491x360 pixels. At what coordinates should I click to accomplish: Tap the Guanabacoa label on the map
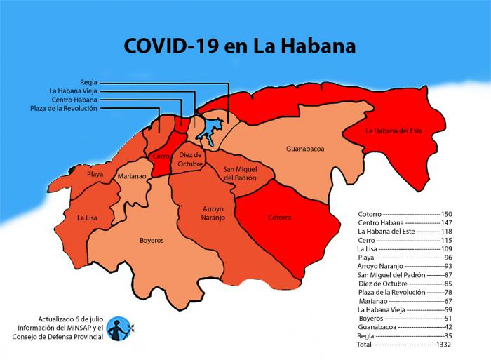[x=305, y=149]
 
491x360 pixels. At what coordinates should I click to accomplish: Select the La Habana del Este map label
[x=394, y=131]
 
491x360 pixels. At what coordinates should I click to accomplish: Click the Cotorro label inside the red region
[x=279, y=218]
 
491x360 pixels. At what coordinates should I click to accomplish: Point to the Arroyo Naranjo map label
[x=204, y=213]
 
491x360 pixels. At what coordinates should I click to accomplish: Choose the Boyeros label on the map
[x=152, y=240]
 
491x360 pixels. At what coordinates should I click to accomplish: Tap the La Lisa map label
[x=88, y=218]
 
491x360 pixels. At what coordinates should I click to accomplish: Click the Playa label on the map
[x=95, y=173]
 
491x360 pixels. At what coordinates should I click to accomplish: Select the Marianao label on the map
[x=132, y=177]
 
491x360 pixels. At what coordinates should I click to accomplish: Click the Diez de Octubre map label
[x=190, y=159]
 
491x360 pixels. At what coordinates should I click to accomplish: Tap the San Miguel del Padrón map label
[x=240, y=174]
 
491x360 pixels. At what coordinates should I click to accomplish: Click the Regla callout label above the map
[x=89, y=82]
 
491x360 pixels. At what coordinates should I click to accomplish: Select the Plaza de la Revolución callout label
[x=64, y=108]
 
